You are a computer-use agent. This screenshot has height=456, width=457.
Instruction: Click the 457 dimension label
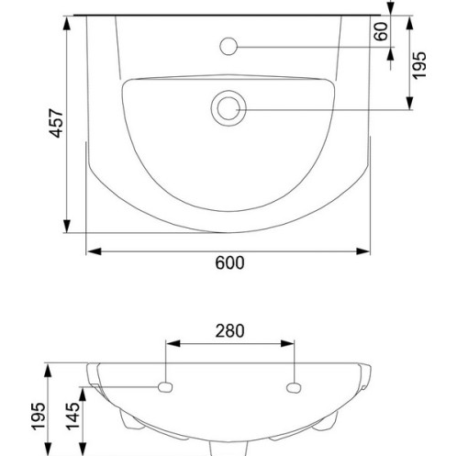[56, 123]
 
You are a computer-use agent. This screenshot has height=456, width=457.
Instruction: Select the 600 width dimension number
[229, 263]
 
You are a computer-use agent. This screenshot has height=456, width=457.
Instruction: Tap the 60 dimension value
[381, 31]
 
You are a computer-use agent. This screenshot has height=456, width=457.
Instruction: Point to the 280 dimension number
[229, 331]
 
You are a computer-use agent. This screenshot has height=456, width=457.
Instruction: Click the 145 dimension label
[73, 417]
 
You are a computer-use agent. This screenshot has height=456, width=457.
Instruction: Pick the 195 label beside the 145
[39, 417]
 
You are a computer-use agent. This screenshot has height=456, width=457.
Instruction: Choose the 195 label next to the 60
[419, 66]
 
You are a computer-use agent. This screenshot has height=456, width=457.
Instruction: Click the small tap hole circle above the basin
[228, 47]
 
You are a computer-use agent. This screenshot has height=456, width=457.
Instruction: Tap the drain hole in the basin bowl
[228, 108]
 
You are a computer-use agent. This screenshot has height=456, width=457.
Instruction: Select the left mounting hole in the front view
[165, 387]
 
